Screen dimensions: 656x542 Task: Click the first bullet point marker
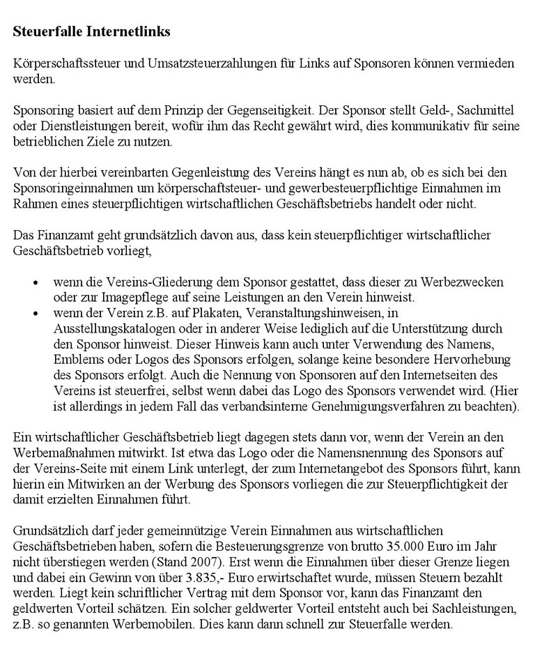pyautogui.click(x=36, y=284)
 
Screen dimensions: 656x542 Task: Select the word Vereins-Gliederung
pyautogui.click(x=131, y=282)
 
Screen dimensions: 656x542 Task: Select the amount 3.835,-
pyautogui.click(x=203, y=578)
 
